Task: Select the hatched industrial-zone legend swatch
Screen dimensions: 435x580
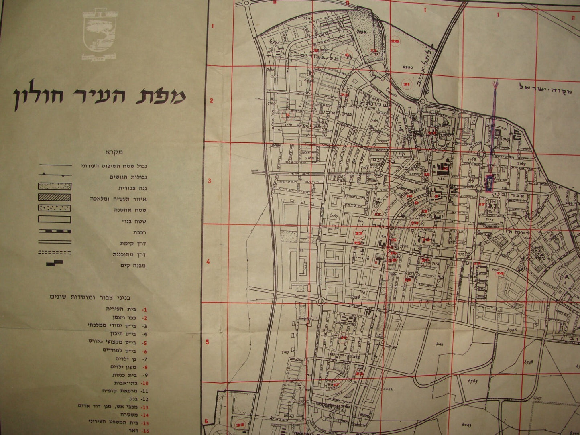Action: click(x=55, y=197)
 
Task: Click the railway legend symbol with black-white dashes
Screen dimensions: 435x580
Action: click(x=55, y=232)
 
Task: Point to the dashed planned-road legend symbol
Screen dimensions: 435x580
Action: click(x=55, y=253)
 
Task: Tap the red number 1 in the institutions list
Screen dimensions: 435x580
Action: click(x=144, y=310)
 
